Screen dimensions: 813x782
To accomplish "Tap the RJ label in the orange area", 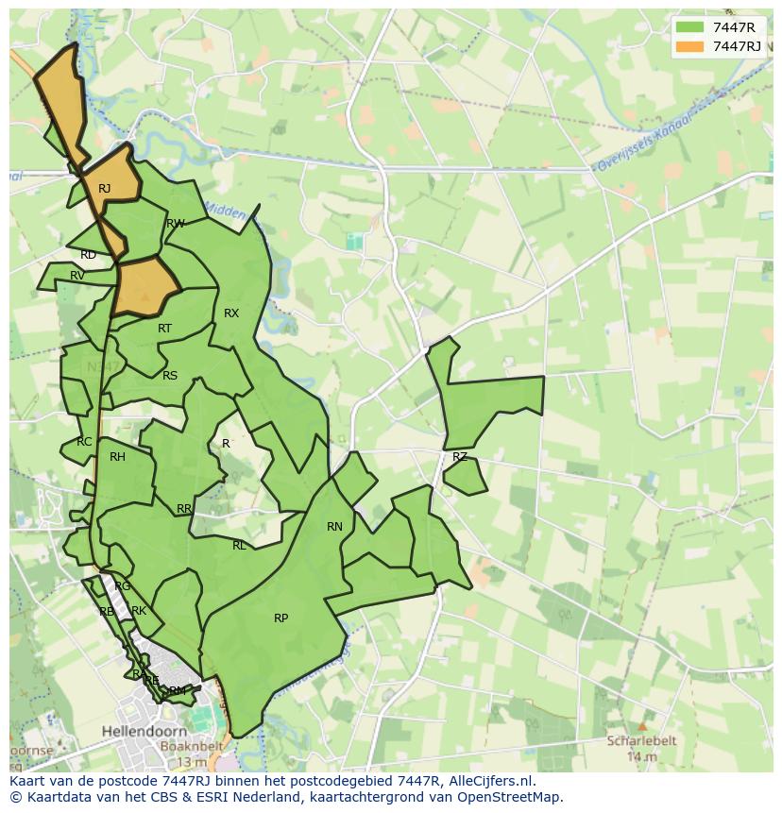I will [x=104, y=189].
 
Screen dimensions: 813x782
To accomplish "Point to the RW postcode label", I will [x=175, y=224].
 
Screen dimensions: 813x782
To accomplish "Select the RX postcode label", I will [x=231, y=313].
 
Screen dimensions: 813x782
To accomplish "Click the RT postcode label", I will [x=164, y=329].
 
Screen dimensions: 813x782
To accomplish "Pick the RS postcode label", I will [x=170, y=376].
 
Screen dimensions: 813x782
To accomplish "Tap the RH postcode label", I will [x=117, y=457].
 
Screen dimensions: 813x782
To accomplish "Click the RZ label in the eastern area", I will [x=460, y=457].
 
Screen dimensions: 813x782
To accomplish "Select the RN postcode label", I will [x=334, y=527].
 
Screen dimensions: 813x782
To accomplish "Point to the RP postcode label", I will [x=280, y=618].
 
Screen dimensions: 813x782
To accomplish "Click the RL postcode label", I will [x=239, y=546].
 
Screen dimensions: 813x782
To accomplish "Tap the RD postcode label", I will [x=88, y=255].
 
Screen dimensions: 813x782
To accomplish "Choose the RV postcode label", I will [x=77, y=276].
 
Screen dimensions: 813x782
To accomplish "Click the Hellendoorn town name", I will [x=141, y=730].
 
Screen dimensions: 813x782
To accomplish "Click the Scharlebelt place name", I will [x=641, y=741].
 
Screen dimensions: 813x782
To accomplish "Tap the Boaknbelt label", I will [x=191, y=746].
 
